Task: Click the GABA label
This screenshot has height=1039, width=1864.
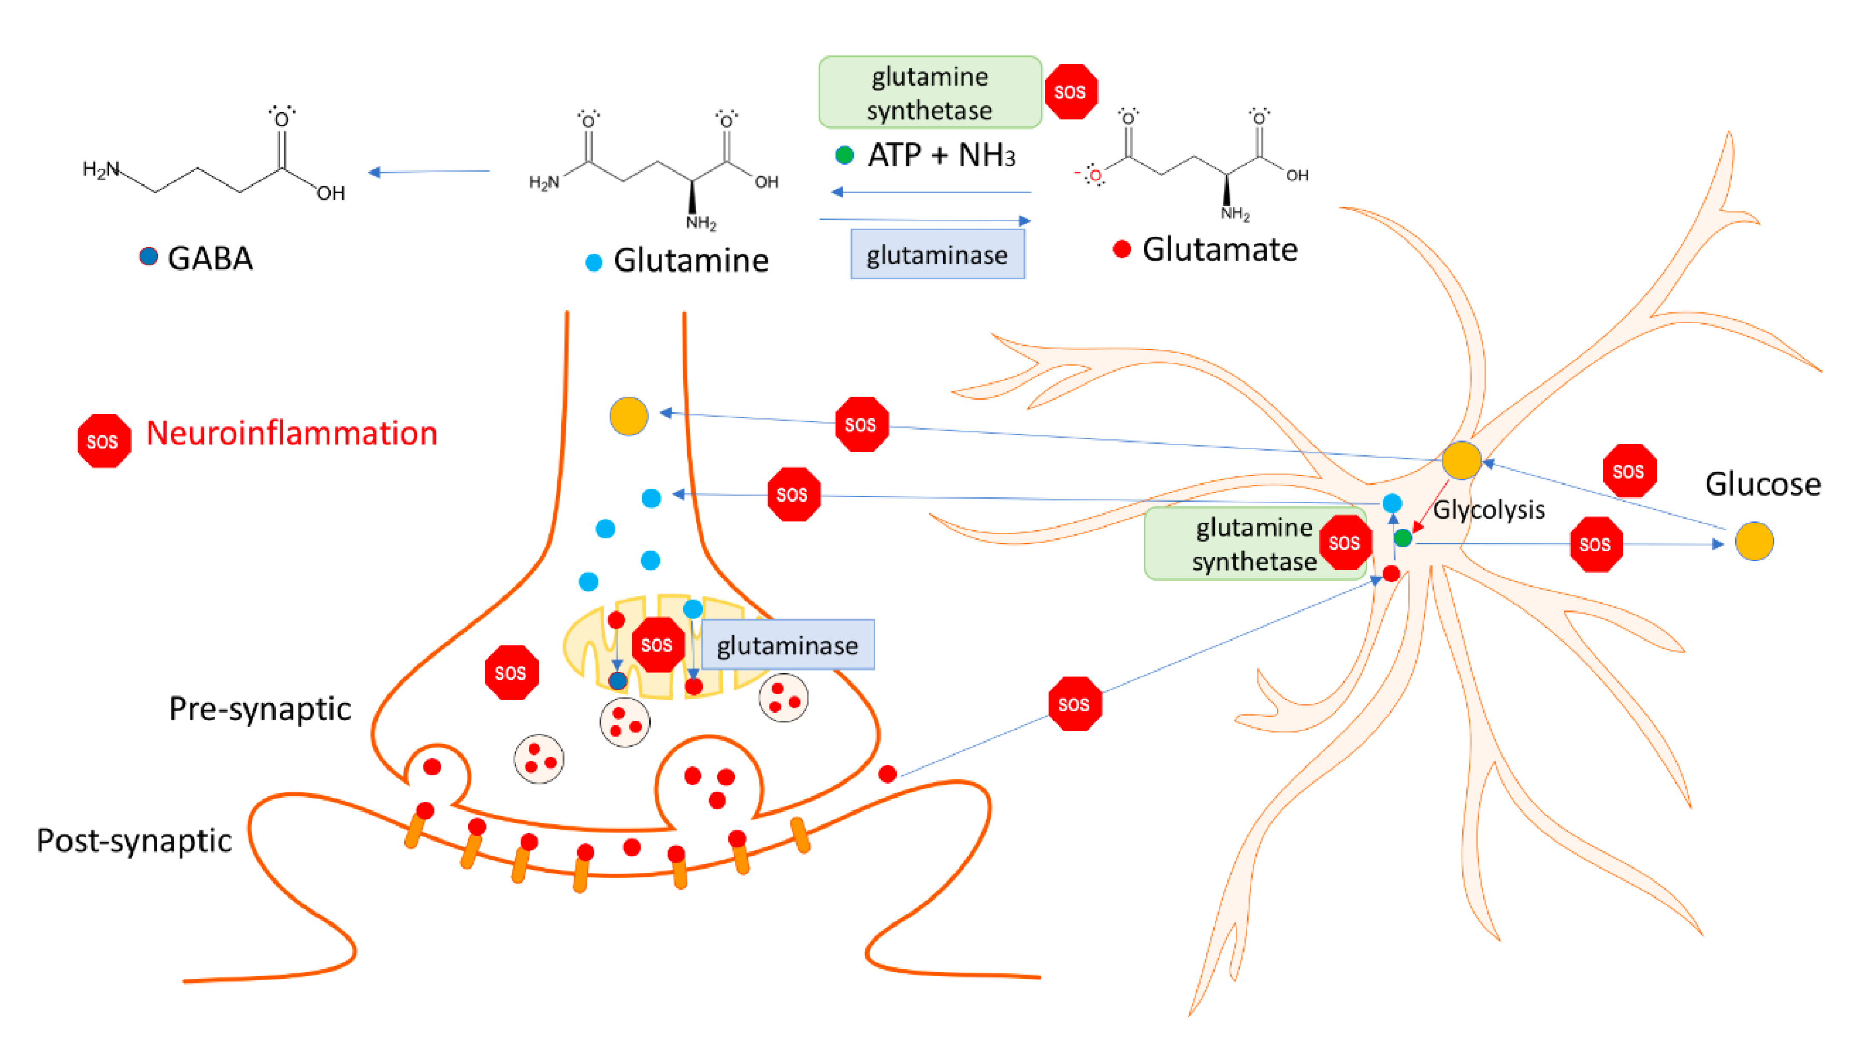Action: click(x=210, y=259)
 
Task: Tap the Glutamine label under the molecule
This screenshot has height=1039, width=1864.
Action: click(x=690, y=261)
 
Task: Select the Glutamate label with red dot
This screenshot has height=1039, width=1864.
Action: click(x=1219, y=250)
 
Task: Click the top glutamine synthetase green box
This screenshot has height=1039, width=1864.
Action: click(x=929, y=93)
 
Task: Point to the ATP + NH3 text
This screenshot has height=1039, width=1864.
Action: click(x=941, y=155)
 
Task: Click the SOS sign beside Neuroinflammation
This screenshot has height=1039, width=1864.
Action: click(x=104, y=441)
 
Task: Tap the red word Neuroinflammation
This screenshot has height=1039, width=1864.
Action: click(x=292, y=433)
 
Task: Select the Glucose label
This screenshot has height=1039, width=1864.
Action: click(x=1762, y=483)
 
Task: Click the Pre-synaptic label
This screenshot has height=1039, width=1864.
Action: click(x=259, y=708)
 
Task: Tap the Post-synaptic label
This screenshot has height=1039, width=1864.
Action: click(x=134, y=841)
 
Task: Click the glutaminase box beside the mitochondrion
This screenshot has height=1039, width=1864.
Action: click(x=787, y=645)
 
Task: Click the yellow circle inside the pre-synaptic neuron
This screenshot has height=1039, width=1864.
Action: click(x=628, y=416)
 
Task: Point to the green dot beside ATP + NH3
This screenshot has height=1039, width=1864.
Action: click(x=844, y=155)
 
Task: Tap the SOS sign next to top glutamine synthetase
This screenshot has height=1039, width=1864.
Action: click(x=1070, y=92)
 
